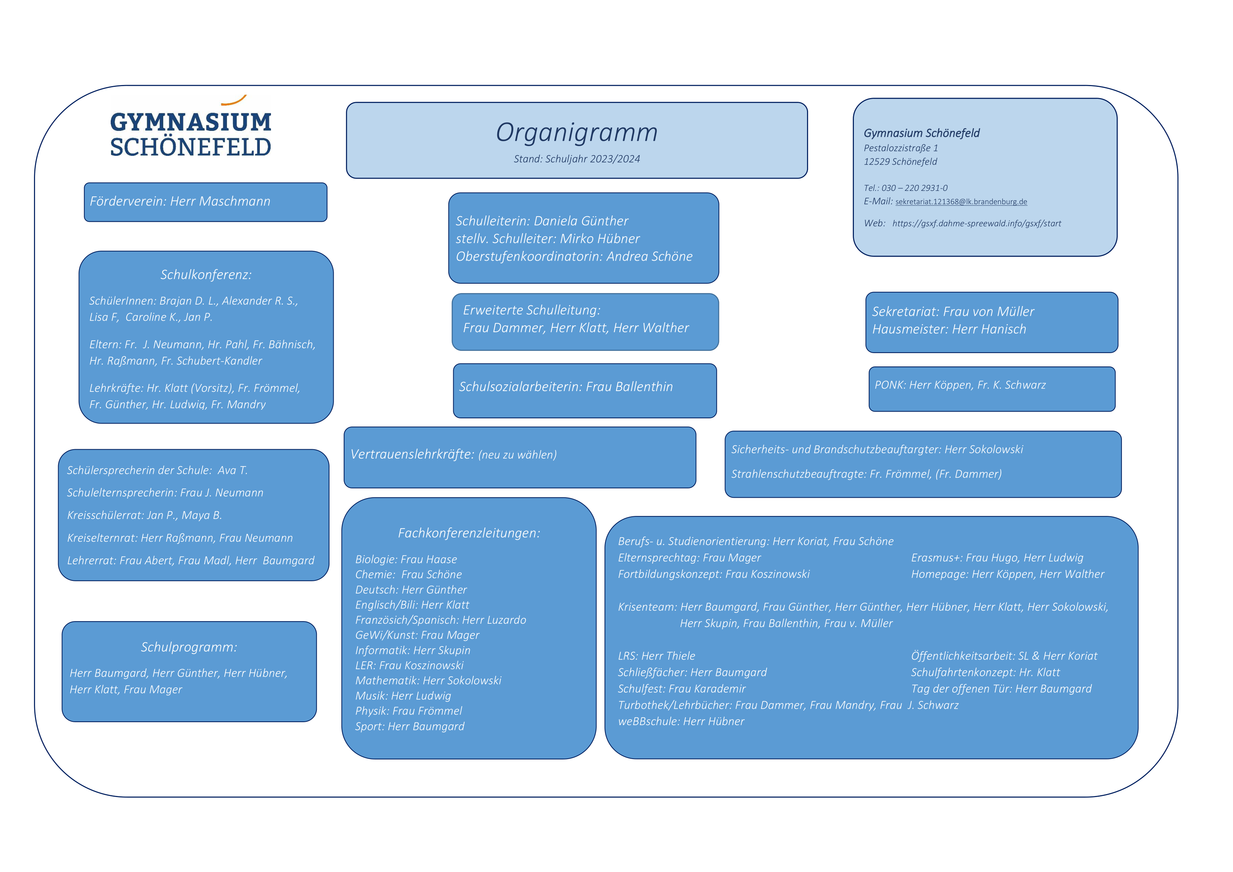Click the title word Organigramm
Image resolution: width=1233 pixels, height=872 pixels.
pyautogui.click(x=576, y=132)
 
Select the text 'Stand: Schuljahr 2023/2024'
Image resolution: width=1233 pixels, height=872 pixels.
pyautogui.click(x=576, y=159)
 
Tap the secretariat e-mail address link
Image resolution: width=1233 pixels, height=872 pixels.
pyautogui.click(x=961, y=202)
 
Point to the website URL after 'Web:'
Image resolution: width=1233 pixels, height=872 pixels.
pyautogui.click(x=976, y=224)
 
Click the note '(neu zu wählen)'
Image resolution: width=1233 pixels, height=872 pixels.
pyautogui.click(x=517, y=455)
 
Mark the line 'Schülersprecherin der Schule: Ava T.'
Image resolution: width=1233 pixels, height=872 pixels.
pyautogui.click(x=157, y=470)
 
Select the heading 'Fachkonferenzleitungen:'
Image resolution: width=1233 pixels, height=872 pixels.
pyautogui.click(x=469, y=533)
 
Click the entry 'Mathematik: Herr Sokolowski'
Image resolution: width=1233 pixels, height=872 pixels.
pyautogui.click(x=428, y=681)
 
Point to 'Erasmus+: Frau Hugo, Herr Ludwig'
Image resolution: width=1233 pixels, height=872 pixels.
pyautogui.click(x=997, y=558)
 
